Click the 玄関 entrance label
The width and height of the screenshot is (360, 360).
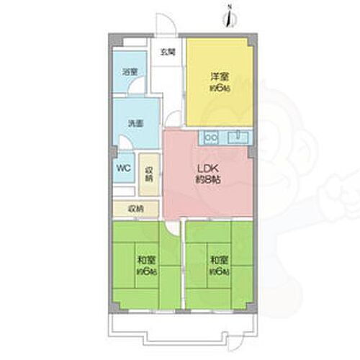pos(168,51)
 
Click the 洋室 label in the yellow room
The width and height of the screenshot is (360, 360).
pos(219,76)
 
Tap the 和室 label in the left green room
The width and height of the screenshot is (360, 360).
pos(145,259)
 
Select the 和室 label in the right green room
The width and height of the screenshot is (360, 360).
pos(219,259)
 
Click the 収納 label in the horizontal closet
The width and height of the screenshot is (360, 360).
pos(135,209)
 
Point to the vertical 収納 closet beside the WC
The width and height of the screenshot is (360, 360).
pos(149,174)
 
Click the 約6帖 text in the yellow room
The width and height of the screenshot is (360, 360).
pos(219,88)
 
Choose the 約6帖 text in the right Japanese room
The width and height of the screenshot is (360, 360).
pos(219,271)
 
